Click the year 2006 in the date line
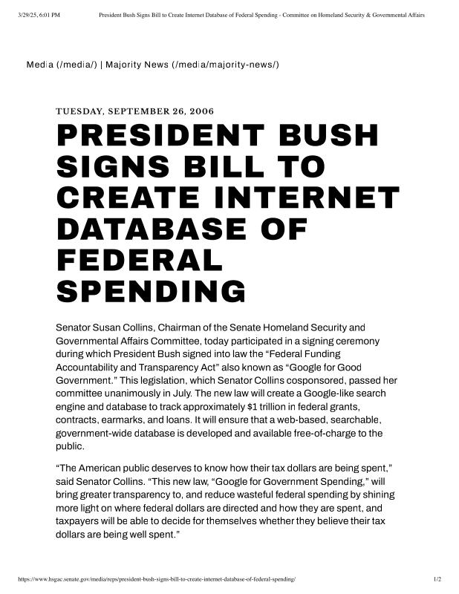click(x=201, y=111)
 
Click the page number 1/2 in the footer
click(x=437, y=578)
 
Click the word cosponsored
click(x=307, y=379)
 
